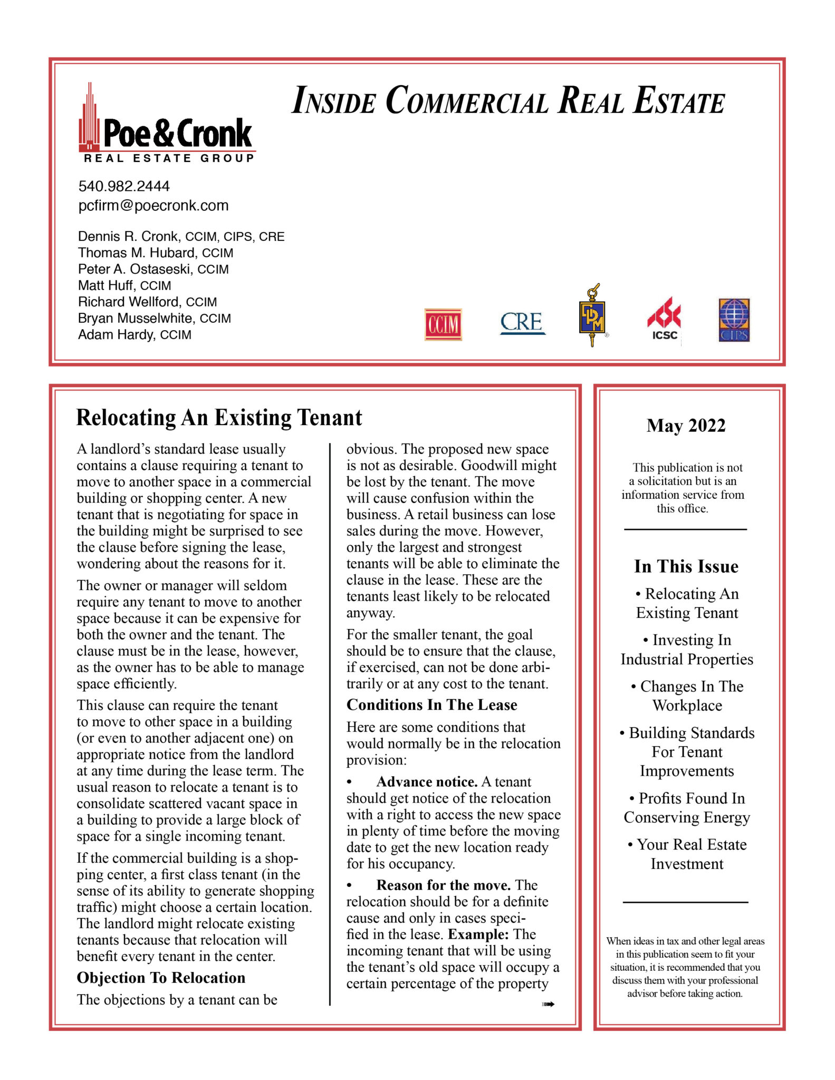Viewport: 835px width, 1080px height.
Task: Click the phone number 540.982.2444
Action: [x=124, y=186]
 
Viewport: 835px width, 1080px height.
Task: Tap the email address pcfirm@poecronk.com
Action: [x=153, y=205]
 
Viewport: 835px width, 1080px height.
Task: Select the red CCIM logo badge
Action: [x=443, y=324]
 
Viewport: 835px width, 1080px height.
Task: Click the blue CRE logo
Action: [x=522, y=322]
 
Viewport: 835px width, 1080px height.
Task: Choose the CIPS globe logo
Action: [x=734, y=320]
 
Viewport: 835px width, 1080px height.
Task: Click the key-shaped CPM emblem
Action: [x=592, y=315]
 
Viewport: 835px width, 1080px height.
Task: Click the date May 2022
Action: [x=686, y=426]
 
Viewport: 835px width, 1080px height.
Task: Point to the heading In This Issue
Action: [x=686, y=566]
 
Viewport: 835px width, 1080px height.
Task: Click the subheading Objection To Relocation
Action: [x=161, y=978]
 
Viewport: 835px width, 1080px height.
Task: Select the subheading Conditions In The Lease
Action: [x=431, y=705]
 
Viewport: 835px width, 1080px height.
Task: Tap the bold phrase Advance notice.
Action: [x=427, y=782]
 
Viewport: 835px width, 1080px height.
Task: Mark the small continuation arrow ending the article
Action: [x=548, y=1004]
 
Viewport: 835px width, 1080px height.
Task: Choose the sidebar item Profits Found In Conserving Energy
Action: [x=687, y=807]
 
